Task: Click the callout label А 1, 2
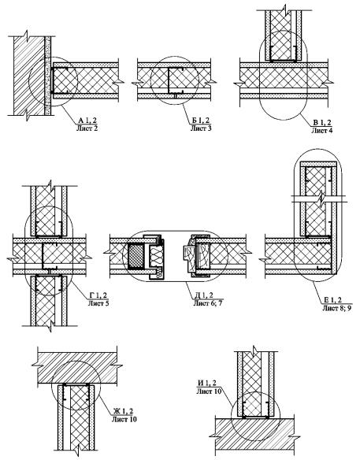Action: (x=87, y=120)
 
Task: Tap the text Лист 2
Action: (x=87, y=128)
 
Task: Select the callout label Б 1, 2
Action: (x=201, y=120)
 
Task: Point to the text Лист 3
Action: (x=201, y=128)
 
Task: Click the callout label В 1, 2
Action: (x=322, y=122)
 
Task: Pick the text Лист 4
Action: (x=322, y=130)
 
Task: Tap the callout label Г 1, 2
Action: (x=98, y=295)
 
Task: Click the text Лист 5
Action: (x=98, y=303)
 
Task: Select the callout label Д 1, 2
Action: (x=203, y=295)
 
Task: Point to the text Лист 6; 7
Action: (x=208, y=303)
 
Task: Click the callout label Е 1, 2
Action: (x=332, y=300)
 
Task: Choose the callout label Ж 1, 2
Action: (x=123, y=411)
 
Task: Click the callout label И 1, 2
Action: (x=207, y=383)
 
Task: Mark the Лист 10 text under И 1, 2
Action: (x=209, y=391)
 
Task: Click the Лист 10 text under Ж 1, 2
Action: (x=124, y=419)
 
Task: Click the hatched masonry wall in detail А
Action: (x=29, y=76)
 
